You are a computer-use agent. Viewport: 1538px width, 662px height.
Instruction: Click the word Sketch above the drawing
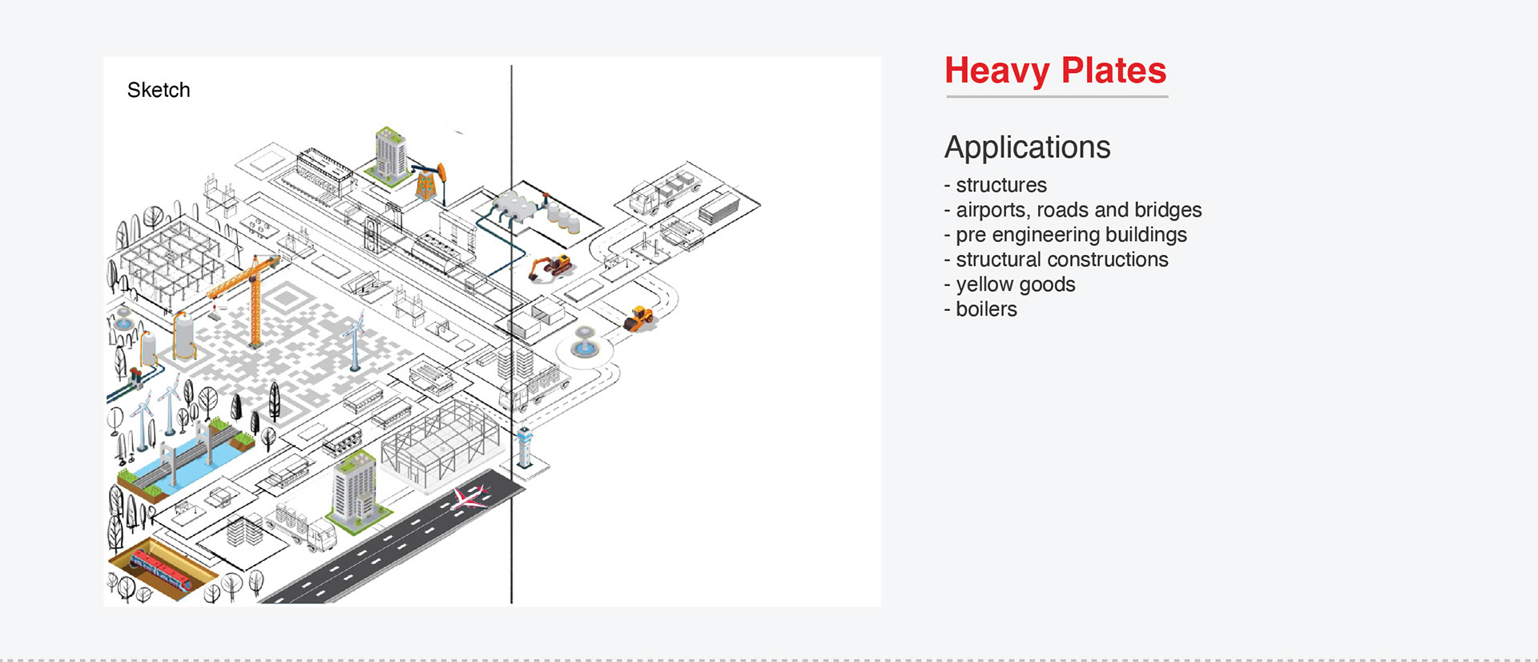159,90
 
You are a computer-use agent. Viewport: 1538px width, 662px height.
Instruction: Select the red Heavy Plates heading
1055,71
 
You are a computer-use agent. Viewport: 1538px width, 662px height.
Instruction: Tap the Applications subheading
1027,147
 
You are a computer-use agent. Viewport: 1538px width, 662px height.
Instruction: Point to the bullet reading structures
1001,185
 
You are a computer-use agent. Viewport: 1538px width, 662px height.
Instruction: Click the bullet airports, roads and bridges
1078,210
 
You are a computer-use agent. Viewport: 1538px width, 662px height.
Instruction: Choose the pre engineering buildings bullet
1071,235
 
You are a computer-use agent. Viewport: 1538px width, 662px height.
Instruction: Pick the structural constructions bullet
1061,260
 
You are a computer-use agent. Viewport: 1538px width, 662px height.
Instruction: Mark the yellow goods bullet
1015,285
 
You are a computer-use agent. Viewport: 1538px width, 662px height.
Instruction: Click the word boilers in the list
986,309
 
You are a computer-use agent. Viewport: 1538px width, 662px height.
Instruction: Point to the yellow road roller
639,318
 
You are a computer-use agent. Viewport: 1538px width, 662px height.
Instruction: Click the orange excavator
551,266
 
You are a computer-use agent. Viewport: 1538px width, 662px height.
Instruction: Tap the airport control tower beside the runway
525,447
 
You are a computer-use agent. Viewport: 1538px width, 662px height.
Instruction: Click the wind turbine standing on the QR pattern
353,341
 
